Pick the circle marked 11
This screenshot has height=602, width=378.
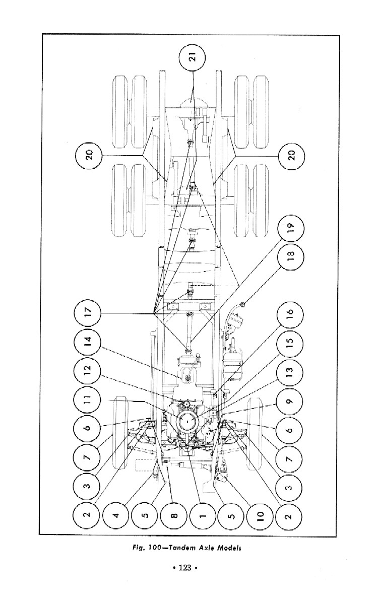click(x=89, y=402)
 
